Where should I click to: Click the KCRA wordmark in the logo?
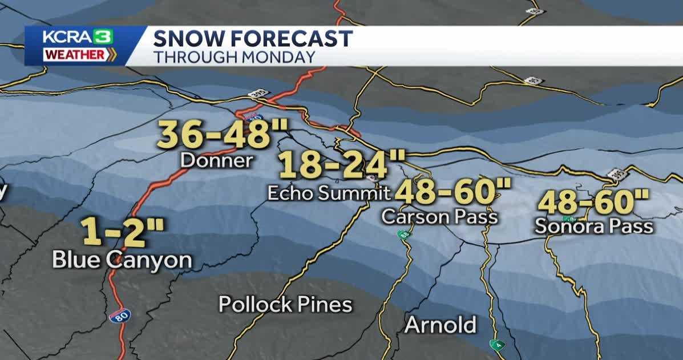click(64, 37)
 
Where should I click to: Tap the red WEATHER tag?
click(75, 55)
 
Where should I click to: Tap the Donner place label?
click(216, 161)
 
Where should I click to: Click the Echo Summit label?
click(329, 193)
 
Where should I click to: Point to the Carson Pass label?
click(439, 217)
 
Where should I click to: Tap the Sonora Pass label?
click(593, 226)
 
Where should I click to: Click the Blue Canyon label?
click(122, 260)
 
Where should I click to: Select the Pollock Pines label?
click(285, 304)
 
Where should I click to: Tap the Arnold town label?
click(440, 325)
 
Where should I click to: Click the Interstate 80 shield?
click(118, 315)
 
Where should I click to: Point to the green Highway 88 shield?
click(403, 234)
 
